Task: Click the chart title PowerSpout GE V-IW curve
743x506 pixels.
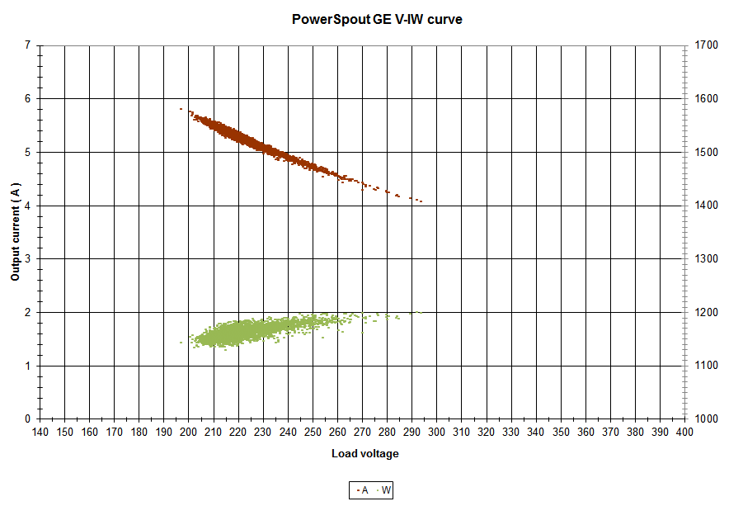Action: (x=377, y=20)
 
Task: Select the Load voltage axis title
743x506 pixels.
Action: (x=364, y=454)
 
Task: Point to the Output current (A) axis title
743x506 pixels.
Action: (x=16, y=232)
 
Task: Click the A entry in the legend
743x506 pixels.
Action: (x=363, y=490)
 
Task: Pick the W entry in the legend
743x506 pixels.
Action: (x=383, y=490)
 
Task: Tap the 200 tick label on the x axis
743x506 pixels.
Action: (x=189, y=432)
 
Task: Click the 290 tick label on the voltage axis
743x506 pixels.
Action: (x=411, y=432)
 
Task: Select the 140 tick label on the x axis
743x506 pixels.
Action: (x=40, y=432)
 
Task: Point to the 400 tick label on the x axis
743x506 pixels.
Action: (x=684, y=432)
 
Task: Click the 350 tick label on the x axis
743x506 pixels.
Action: (x=561, y=432)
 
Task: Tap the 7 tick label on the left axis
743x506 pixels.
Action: (x=28, y=45)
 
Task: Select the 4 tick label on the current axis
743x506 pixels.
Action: (x=28, y=206)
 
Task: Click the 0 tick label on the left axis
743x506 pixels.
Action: (x=28, y=419)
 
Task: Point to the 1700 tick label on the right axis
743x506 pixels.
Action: (x=707, y=45)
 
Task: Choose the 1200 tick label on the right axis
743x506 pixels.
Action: (x=707, y=313)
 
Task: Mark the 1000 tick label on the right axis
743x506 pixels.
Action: (x=707, y=419)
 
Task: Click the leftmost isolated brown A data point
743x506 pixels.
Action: (x=181, y=109)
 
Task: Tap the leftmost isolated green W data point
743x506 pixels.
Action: (x=181, y=343)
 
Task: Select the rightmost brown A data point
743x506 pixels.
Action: (x=421, y=201)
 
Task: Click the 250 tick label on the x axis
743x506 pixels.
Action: (x=313, y=432)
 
